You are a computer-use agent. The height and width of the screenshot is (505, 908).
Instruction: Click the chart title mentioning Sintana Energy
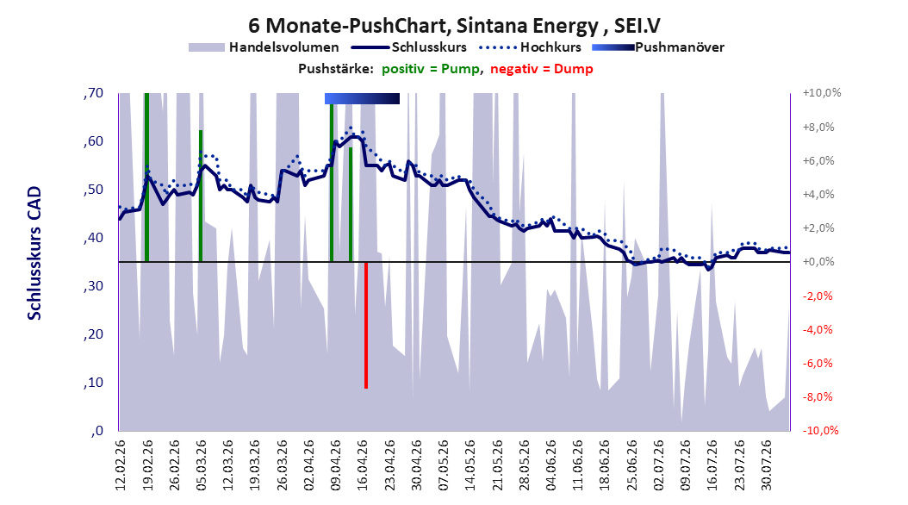454,26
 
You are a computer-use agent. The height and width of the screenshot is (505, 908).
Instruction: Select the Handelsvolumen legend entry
264,47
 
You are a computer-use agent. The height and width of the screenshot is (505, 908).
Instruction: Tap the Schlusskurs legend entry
409,47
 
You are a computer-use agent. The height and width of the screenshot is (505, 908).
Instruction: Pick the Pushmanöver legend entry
658,47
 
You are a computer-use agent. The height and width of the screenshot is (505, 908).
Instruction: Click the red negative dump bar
366,325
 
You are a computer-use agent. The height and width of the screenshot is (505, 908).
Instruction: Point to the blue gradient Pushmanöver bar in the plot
362,98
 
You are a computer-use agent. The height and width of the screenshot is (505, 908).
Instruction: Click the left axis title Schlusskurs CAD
34,253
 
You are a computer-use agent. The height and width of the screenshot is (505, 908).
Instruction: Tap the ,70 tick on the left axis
93,93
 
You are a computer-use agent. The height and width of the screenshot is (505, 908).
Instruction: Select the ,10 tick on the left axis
93,383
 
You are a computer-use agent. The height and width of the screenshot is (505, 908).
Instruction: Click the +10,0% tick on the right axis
821,93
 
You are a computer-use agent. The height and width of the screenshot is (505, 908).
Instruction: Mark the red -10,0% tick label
820,430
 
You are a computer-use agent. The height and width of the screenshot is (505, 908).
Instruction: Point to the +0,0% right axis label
818,262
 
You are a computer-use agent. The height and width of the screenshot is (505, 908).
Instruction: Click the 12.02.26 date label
121,464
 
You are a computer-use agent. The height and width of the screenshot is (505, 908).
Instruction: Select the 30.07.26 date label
766,464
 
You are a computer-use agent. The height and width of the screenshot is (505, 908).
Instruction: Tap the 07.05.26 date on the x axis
443,464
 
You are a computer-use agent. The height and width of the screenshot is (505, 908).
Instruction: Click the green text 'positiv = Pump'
431,69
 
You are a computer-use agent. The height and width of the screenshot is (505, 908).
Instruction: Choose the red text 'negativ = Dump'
542,69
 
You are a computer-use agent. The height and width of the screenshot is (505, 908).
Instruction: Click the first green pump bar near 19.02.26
146,178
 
